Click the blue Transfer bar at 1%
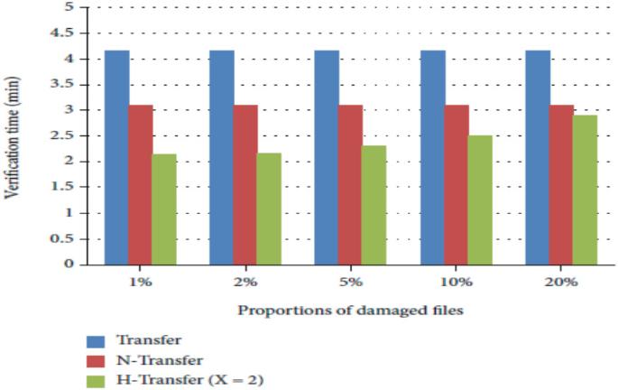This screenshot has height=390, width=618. (116, 157)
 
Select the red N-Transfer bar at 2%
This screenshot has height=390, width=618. (245, 184)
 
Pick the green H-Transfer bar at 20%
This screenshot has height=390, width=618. (585, 190)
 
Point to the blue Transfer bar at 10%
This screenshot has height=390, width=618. (432, 157)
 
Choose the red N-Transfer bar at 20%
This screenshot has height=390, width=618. (561, 184)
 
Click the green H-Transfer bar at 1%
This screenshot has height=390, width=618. (164, 209)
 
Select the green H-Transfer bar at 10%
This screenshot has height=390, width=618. (480, 200)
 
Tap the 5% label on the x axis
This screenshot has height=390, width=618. (352, 282)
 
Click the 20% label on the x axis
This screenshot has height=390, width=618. (562, 282)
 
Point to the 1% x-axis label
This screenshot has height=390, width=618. (141, 282)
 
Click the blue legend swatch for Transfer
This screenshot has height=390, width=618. (97, 341)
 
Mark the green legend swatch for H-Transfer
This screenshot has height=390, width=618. (97, 380)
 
